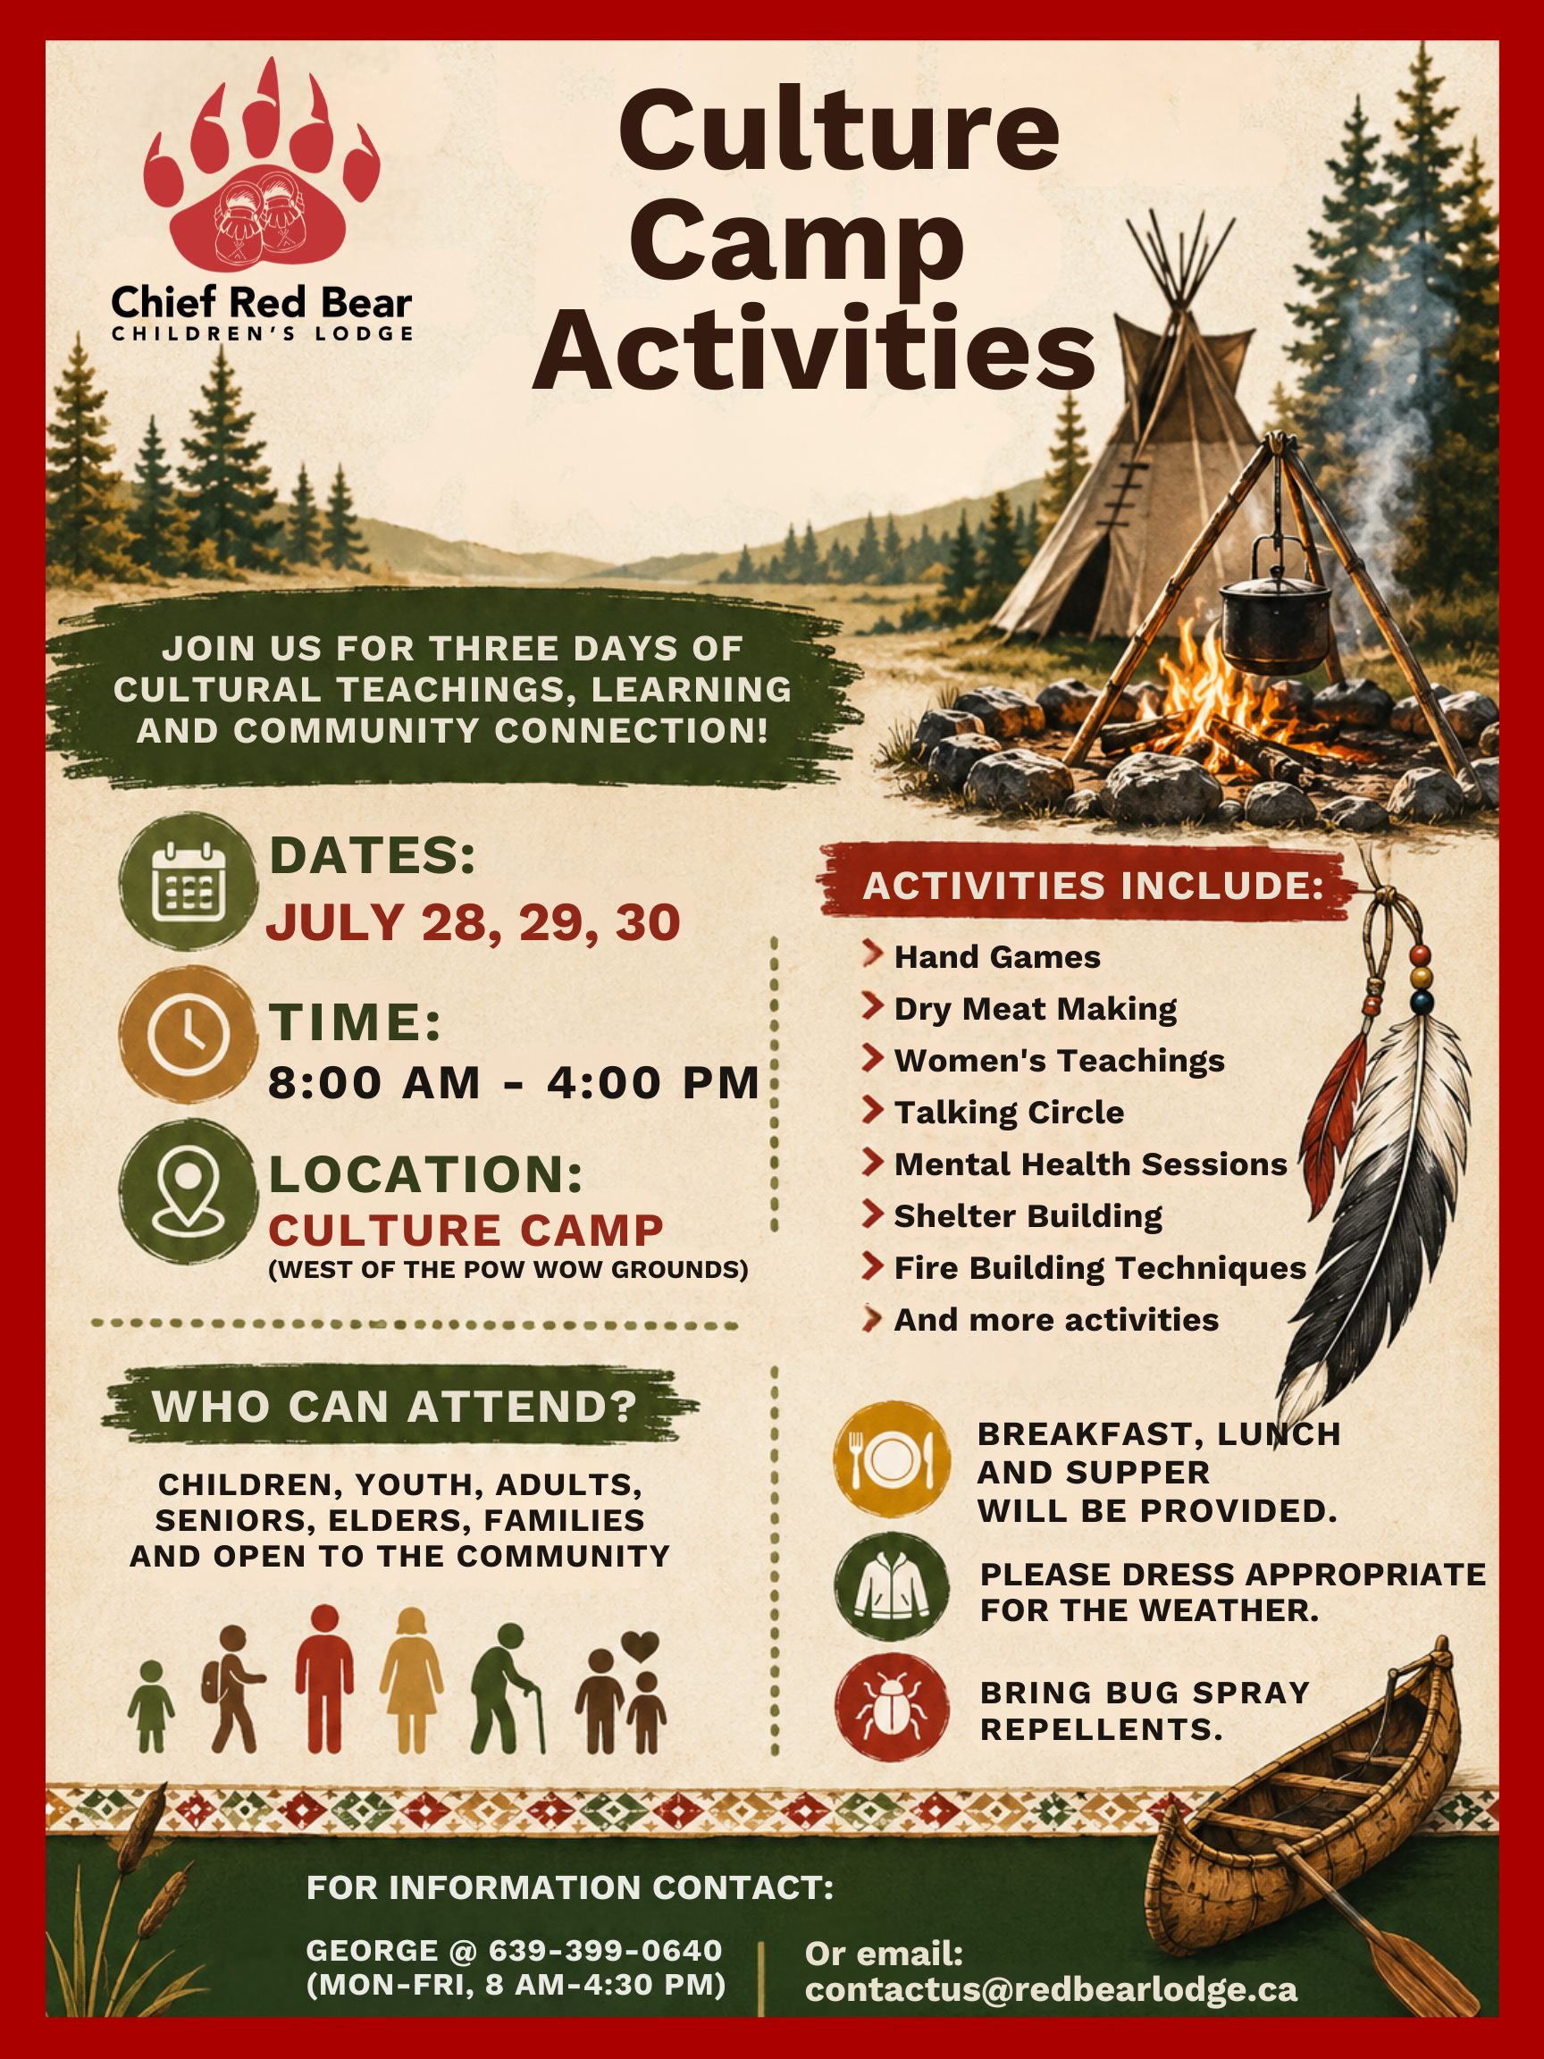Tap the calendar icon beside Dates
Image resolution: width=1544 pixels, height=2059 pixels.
click(189, 881)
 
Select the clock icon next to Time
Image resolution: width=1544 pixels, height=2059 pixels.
click(189, 1034)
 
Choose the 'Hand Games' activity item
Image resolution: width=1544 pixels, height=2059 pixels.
click(997, 957)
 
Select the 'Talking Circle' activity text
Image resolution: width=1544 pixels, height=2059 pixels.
click(1009, 1113)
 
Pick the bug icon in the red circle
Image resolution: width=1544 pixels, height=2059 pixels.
click(892, 1708)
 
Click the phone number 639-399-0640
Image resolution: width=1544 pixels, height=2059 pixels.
click(606, 1950)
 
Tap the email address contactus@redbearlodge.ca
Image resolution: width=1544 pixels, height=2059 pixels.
click(1051, 1989)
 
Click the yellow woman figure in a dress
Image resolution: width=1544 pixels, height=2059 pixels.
click(411, 1681)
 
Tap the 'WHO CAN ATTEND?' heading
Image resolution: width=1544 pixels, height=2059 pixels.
click(395, 1407)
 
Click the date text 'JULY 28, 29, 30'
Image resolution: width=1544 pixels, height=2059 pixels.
click(474, 922)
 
